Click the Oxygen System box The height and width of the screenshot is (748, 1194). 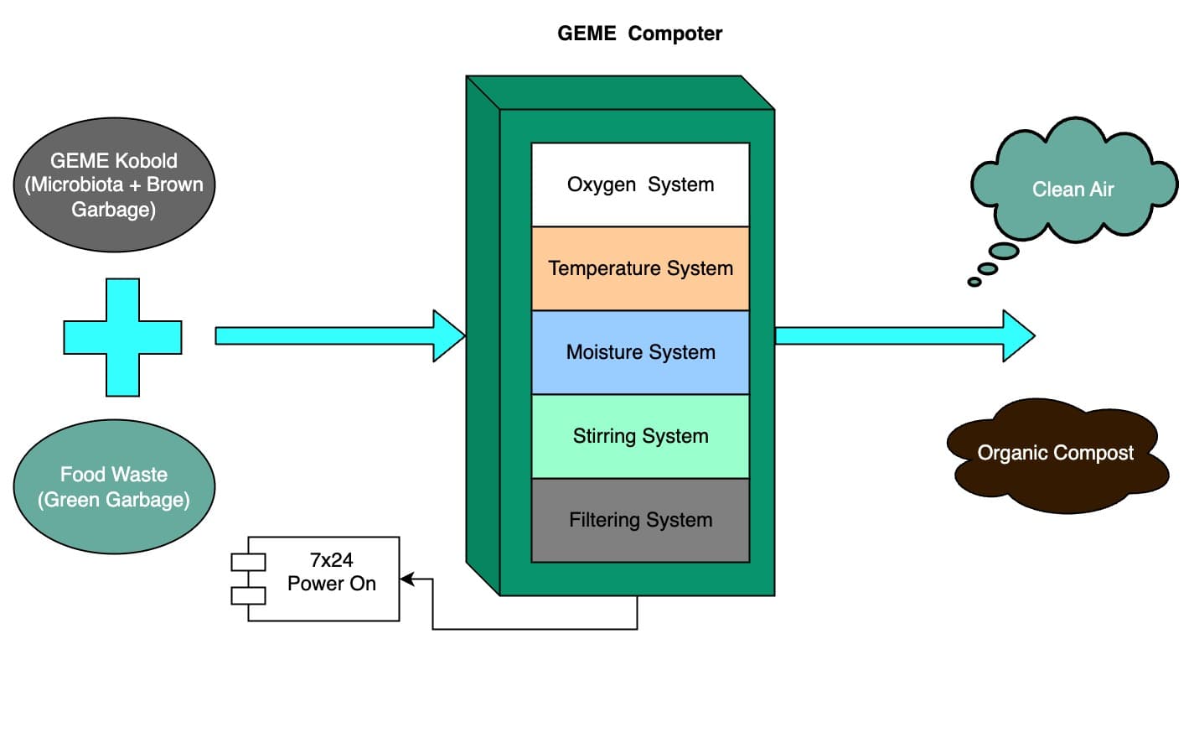click(x=640, y=184)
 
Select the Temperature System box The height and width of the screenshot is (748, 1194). click(x=640, y=268)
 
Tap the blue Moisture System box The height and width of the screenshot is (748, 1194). click(x=640, y=352)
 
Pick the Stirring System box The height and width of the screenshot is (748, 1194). click(x=640, y=436)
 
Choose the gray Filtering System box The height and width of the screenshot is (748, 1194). click(x=640, y=520)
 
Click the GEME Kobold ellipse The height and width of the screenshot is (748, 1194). click(x=114, y=184)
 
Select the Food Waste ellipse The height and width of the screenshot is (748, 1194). click(x=114, y=486)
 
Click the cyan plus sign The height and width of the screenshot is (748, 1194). click(x=122, y=337)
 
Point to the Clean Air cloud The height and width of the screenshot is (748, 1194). click(x=1073, y=189)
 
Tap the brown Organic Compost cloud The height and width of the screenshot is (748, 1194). click(x=1056, y=454)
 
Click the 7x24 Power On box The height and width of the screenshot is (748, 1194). click(x=331, y=579)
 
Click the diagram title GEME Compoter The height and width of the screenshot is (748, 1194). click(x=639, y=34)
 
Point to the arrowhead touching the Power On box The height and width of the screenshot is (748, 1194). click(x=407, y=579)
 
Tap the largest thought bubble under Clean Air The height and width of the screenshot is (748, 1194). click(x=1004, y=251)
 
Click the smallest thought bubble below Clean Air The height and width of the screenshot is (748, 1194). click(x=974, y=282)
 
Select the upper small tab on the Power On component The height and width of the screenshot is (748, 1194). click(x=248, y=562)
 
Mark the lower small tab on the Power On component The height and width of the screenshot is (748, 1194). click(x=248, y=595)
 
